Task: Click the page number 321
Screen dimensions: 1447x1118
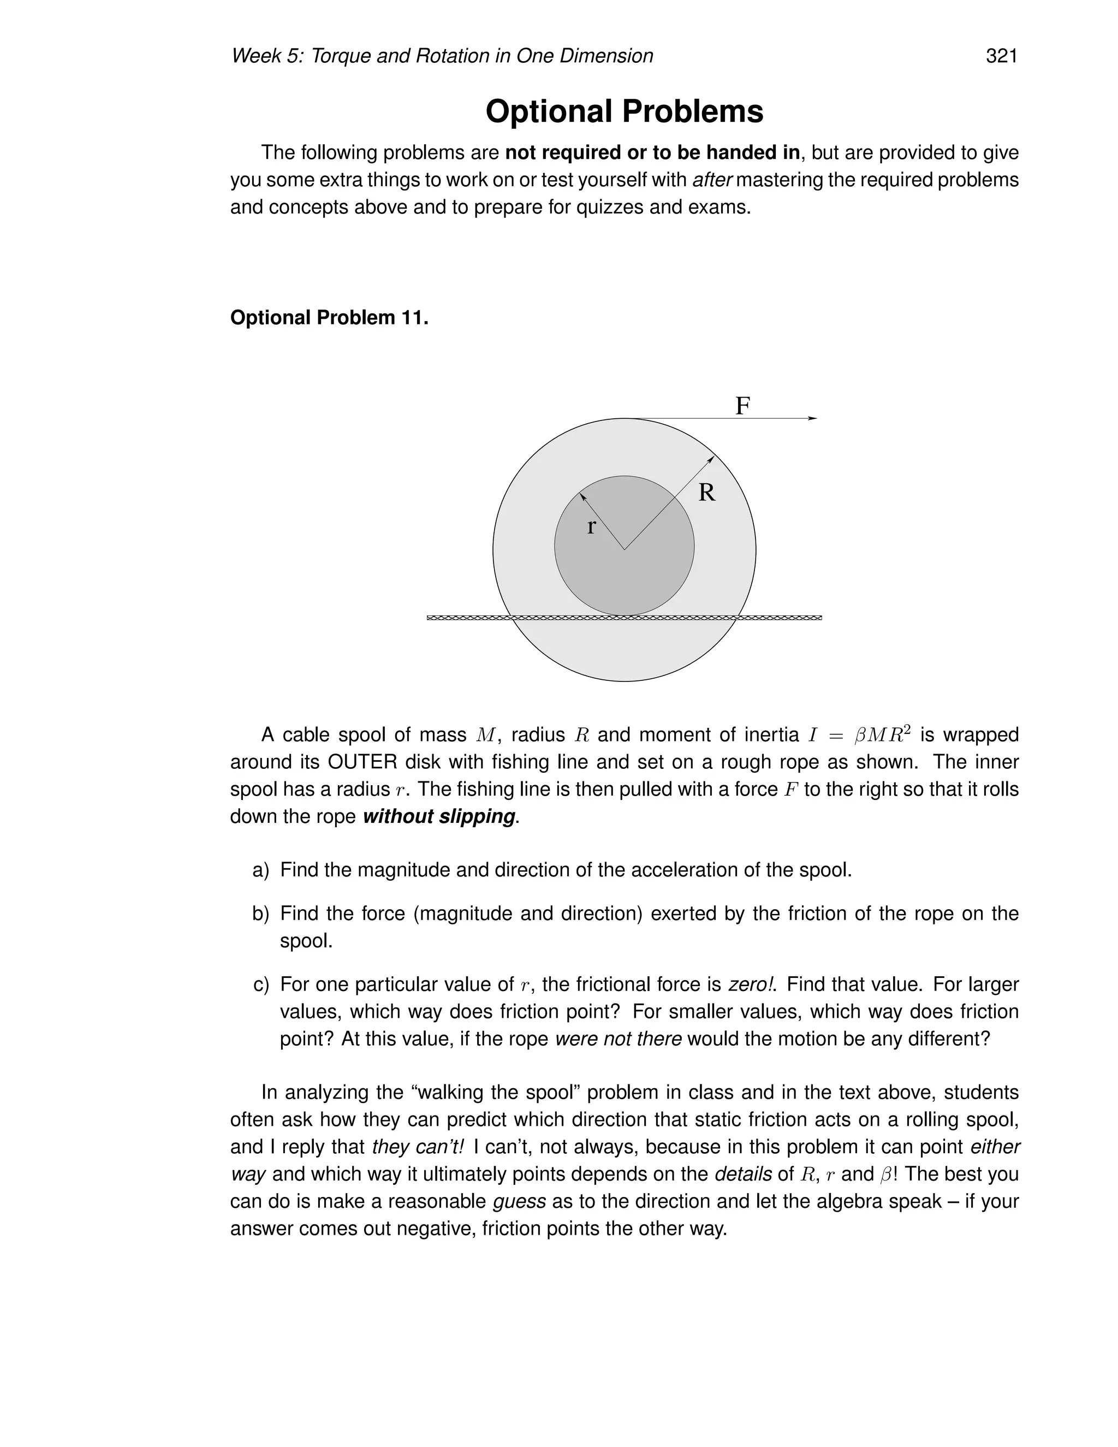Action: [x=1001, y=56]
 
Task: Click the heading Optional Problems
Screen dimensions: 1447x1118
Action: [x=624, y=111]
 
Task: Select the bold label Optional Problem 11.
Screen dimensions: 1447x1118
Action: [x=329, y=318]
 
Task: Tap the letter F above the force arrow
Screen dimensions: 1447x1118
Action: [x=742, y=406]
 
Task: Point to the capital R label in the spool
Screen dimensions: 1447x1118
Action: [x=707, y=493]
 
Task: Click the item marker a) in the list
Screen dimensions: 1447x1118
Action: [x=261, y=870]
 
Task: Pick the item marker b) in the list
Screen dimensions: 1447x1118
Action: [x=261, y=914]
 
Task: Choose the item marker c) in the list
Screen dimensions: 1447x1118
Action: [x=261, y=985]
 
